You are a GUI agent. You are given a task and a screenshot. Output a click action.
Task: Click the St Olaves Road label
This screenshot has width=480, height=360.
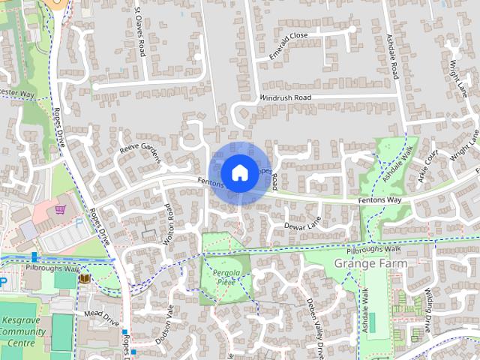pyautogui.click(x=140, y=34)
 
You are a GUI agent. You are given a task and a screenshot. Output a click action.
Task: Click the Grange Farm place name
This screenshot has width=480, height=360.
pyautogui.click(x=371, y=264)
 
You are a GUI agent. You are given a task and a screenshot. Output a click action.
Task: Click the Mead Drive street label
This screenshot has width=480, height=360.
pyautogui.click(x=102, y=315)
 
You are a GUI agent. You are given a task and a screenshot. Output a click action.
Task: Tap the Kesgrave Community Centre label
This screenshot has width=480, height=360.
pyautogui.click(x=22, y=331)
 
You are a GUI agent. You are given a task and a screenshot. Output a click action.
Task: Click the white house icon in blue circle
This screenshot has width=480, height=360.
pyautogui.click(x=239, y=172)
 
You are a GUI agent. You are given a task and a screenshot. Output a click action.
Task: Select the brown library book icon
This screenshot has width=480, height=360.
pyautogui.click(x=84, y=279)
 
